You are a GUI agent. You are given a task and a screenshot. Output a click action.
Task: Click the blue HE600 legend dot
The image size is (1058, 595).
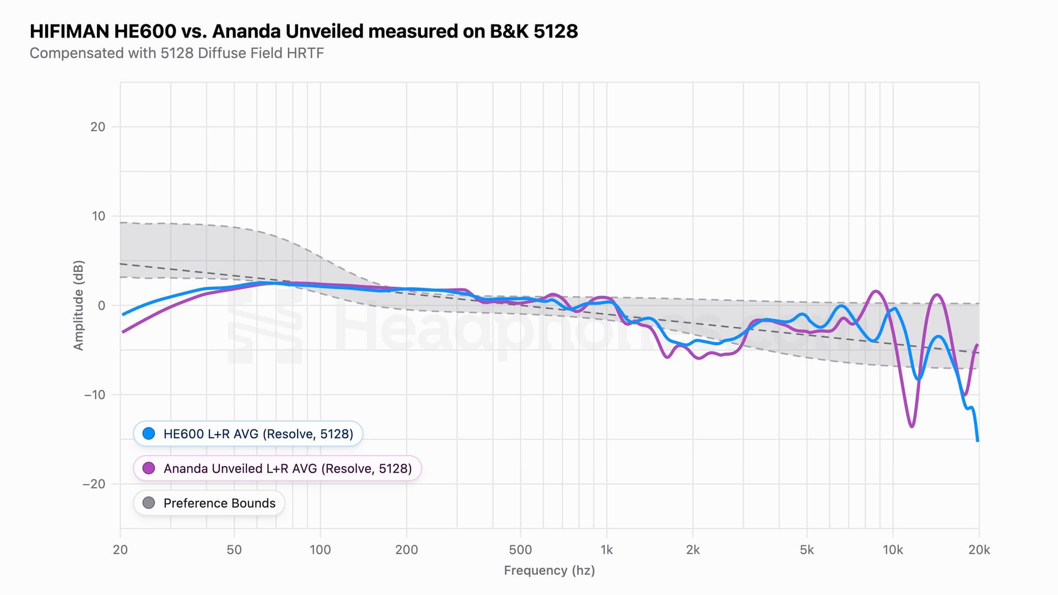(149, 434)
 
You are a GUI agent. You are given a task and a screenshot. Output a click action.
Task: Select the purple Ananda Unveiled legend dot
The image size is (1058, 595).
(149, 468)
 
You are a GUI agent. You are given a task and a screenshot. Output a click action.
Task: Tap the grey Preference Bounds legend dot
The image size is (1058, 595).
(149, 503)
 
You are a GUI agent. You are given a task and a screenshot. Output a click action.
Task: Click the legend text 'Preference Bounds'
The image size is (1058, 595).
(219, 503)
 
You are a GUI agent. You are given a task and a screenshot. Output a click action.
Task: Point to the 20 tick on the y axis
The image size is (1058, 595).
(98, 127)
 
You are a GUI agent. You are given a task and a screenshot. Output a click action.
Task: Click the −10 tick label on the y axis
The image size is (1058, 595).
(94, 394)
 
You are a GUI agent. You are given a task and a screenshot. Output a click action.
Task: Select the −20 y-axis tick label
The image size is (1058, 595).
(94, 484)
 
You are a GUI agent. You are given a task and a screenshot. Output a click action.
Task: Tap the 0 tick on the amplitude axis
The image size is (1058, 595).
(101, 305)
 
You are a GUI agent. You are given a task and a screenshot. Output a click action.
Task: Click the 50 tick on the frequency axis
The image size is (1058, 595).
(234, 550)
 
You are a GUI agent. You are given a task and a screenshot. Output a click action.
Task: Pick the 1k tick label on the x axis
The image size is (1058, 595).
(607, 550)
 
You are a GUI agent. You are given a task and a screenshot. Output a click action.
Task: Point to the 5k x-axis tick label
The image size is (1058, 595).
(807, 550)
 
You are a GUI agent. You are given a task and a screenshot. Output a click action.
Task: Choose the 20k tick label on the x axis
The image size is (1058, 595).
(979, 550)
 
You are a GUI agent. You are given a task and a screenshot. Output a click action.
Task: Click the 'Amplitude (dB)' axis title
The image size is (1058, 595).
(79, 305)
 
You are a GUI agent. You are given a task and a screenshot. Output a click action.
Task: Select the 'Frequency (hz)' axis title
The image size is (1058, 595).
(549, 570)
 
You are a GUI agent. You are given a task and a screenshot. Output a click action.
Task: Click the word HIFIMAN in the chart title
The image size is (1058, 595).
(69, 31)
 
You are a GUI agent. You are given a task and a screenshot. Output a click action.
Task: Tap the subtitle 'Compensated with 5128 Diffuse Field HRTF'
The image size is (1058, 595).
(176, 53)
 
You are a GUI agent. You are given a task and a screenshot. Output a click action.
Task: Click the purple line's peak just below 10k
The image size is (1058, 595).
(876, 291)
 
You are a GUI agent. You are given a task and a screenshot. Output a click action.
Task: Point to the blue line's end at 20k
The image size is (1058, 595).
(978, 441)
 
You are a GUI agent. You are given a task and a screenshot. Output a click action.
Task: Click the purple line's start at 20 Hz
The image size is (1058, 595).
(122, 332)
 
